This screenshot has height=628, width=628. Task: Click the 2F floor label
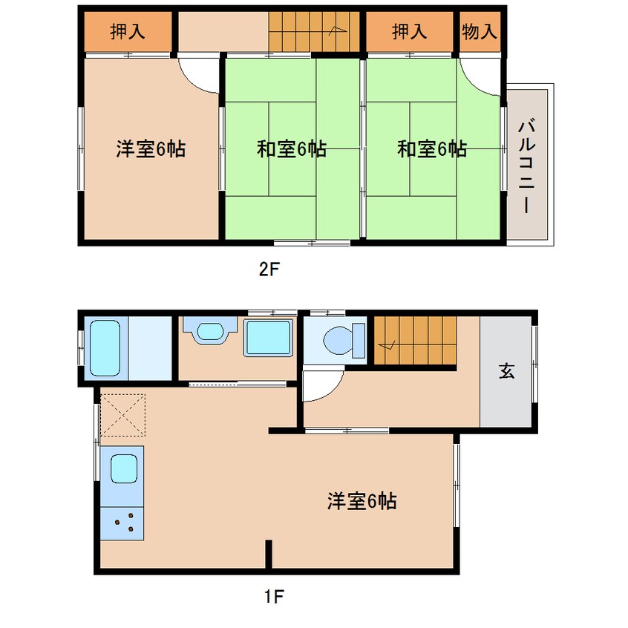269,269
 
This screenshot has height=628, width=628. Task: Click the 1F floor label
274,597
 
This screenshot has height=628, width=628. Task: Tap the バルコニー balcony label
526,166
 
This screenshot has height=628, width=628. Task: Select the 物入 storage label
480,31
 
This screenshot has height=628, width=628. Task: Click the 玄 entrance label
507,371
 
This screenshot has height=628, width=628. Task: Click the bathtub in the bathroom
105,347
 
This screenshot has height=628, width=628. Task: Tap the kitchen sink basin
124,468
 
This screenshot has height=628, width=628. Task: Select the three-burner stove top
122,523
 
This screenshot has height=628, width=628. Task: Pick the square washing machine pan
268,338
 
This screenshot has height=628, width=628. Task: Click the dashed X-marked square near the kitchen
122,415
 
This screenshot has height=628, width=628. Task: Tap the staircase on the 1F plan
416,341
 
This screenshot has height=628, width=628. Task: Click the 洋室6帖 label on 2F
151,149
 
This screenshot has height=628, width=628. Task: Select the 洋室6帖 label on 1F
362,500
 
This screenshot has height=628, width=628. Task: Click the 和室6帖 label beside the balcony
432,149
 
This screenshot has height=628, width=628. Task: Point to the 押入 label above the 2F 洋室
128,31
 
